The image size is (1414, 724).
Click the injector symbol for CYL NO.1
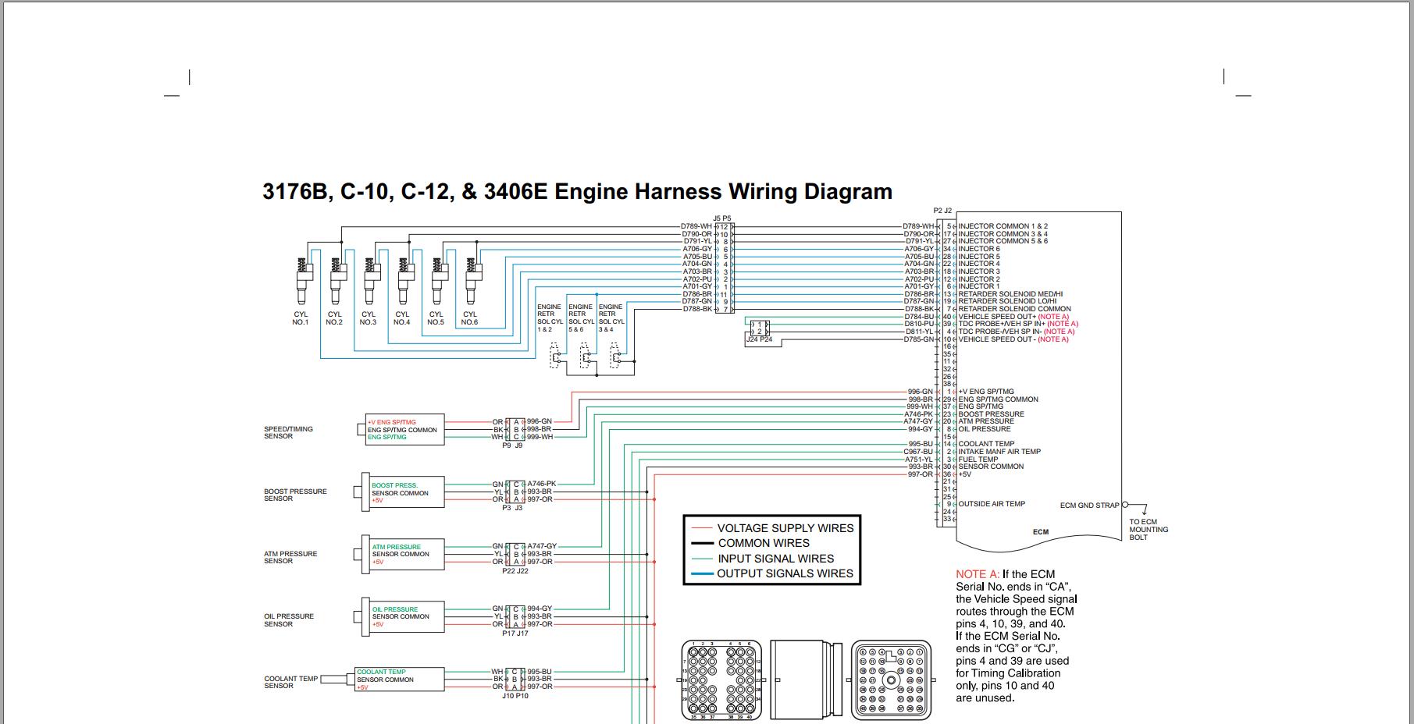301,281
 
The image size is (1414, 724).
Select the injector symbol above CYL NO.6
470,281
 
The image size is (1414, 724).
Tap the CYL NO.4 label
401,318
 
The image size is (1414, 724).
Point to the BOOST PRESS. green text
394,485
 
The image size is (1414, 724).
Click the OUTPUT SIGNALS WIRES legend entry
785,573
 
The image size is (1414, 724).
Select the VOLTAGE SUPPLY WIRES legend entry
785,528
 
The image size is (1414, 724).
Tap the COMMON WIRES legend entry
764,543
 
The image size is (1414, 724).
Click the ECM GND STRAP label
1089,506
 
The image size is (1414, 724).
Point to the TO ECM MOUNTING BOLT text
1149,530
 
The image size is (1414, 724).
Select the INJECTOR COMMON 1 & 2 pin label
1003,226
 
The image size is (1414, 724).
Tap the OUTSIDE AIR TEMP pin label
992,504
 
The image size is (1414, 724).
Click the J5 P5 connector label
722,218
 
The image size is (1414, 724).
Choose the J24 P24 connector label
759,339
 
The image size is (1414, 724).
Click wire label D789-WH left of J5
696,226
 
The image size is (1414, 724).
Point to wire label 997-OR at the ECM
920,474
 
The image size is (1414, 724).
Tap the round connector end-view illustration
891,680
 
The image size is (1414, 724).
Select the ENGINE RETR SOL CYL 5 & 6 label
580,318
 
